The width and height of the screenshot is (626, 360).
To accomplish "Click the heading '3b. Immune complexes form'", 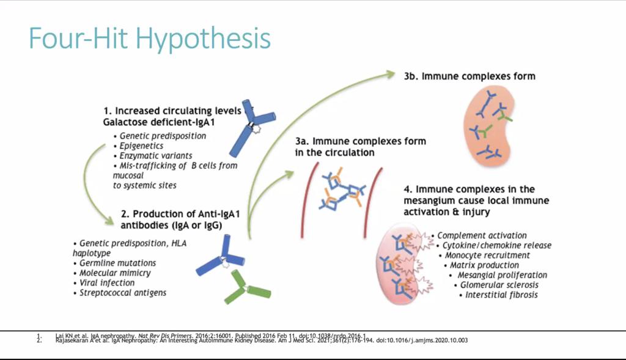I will (x=469, y=76).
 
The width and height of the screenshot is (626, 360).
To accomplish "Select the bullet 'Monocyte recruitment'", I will (x=487, y=255).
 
